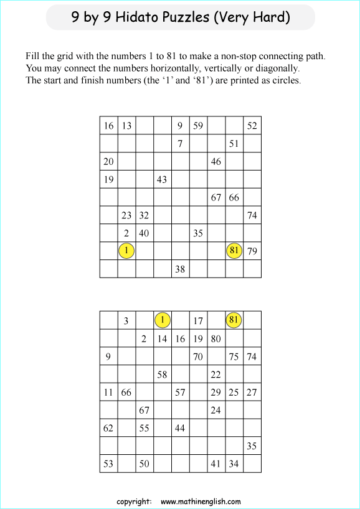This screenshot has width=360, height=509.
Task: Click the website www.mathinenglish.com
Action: tap(201, 501)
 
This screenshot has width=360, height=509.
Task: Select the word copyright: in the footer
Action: tap(134, 501)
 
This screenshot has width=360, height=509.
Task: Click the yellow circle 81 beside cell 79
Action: tap(234, 251)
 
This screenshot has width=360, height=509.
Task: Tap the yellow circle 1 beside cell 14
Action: tap(162, 320)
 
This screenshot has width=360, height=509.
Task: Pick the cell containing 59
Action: tap(198, 126)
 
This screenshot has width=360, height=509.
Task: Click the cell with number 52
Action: tap(252, 126)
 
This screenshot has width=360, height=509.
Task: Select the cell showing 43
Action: tap(162, 179)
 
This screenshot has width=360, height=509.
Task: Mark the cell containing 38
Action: tap(180, 269)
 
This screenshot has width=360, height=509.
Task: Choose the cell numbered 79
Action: tap(252, 251)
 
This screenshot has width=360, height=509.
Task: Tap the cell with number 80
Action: tap(216, 339)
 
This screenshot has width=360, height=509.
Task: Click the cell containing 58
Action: tap(162, 375)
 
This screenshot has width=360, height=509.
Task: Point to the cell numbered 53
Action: tap(108, 464)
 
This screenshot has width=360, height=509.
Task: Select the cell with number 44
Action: tap(180, 428)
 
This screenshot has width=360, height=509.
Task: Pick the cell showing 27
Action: tap(252, 392)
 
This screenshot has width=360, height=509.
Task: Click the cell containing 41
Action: tap(216, 464)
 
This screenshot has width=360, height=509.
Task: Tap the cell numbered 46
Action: tap(216, 161)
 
